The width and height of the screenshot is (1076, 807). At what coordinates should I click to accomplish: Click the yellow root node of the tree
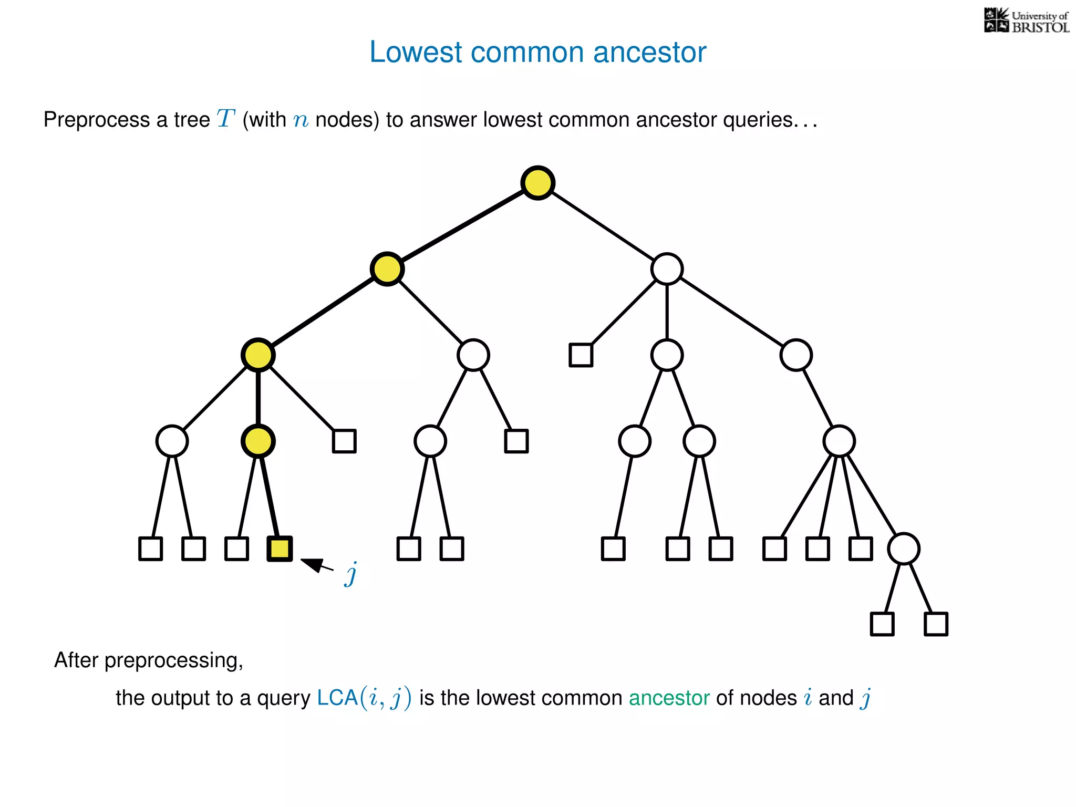pyautogui.click(x=538, y=183)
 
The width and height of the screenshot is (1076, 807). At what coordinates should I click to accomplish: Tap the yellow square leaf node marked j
pyautogui.click(x=280, y=549)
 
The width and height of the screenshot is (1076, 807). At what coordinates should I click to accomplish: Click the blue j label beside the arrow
pyautogui.click(x=351, y=574)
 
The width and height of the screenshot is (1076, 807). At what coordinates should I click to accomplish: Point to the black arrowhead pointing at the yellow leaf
pyautogui.click(x=311, y=564)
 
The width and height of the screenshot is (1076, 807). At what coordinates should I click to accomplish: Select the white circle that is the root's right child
pyautogui.click(x=667, y=269)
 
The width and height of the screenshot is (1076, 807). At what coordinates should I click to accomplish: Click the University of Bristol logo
pyautogui.click(x=1026, y=21)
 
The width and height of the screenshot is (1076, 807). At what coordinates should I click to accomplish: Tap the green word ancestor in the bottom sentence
pyautogui.click(x=669, y=698)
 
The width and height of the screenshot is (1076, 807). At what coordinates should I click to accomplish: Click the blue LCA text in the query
pyautogui.click(x=337, y=698)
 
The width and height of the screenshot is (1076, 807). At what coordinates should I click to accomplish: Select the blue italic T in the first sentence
pyautogui.click(x=225, y=119)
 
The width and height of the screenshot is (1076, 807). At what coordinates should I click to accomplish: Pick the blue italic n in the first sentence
pyautogui.click(x=301, y=121)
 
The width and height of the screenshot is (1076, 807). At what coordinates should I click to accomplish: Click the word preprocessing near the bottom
pyautogui.click(x=173, y=660)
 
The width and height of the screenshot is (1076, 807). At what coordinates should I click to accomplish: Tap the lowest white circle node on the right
pyautogui.click(x=903, y=549)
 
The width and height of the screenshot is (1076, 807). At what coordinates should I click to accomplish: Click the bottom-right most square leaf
pyautogui.click(x=936, y=624)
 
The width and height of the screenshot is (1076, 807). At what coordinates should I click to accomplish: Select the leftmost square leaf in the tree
pyautogui.click(x=150, y=549)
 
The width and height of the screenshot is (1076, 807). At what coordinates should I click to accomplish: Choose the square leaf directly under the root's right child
pyautogui.click(x=581, y=355)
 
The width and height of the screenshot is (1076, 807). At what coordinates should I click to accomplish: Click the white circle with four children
pyautogui.click(x=839, y=441)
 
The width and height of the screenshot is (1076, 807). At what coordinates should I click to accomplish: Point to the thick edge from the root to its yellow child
pyautogui.click(x=462, y=226)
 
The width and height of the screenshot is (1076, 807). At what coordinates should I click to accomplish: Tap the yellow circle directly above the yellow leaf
pyautogui.click(x=258, y=441)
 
